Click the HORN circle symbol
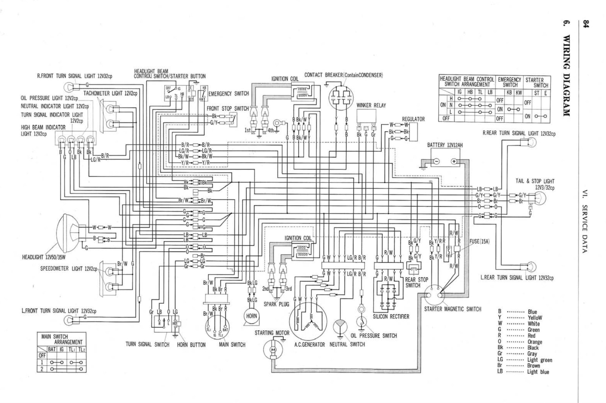pos(252,316)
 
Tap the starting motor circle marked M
pos(273,350)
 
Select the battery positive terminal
pos(454,162)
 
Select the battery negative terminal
pos(436,162)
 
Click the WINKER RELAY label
pos(371,105)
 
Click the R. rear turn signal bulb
pos(531,143)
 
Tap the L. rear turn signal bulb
pos(531,267)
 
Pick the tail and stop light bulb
pos(540,198)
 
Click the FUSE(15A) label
pos(480,241)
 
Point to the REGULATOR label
pos(413,119)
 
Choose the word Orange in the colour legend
pos(535,342)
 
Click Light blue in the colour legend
pos(538,372)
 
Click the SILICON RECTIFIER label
pos(391,317)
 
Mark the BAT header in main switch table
pos(52,349)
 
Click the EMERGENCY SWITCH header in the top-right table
pos(509,82)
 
